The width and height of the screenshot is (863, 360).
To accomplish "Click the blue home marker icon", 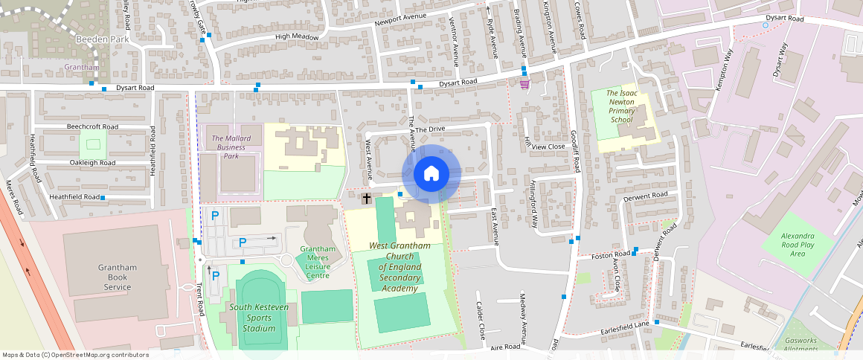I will (x=431, y=174).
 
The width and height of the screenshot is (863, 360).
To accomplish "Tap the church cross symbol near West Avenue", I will (x=367, y=199).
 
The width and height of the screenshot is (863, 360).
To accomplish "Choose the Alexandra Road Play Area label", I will (x=797, y=244).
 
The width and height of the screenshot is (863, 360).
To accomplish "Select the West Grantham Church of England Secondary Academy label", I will (x=400, y=267).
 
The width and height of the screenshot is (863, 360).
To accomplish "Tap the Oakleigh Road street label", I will (x=92, y=162).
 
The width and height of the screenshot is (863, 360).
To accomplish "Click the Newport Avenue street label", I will (x=401, y=16).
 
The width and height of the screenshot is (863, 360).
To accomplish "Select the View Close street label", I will (x=549, y=147).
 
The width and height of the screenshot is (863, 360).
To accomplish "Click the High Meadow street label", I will (x=297, y=36).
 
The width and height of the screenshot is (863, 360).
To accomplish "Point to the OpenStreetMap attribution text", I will (x=76, y=355).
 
